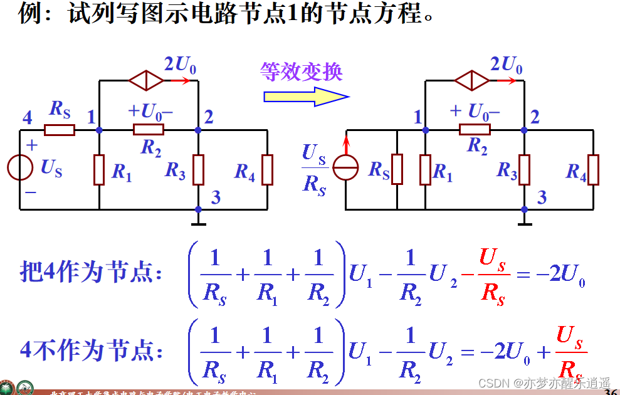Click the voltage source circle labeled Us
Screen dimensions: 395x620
click(20, 169)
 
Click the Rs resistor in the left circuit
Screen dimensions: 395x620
click(60, 130)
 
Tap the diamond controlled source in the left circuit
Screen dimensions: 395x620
click(146, 80)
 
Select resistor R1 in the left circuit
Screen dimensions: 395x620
click(99, 170)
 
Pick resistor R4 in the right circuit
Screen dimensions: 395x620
click(593, 169)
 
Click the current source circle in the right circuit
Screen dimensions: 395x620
click(345, 169)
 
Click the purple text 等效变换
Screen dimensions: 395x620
click(302, 71)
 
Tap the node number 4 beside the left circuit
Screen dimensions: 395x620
click(27, 117)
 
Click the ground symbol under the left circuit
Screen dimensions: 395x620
click(198, 219)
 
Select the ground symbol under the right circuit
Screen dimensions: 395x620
click(525, 219)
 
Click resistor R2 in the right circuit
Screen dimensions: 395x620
click(475, 130)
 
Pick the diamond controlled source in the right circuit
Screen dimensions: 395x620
click(471, 80)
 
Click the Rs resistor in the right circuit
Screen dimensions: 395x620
click(397, 169)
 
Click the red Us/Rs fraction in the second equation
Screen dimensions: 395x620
click(570, 353)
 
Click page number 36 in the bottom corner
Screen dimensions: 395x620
click(611, 391)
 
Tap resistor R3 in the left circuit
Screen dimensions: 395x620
click(198, 169)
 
